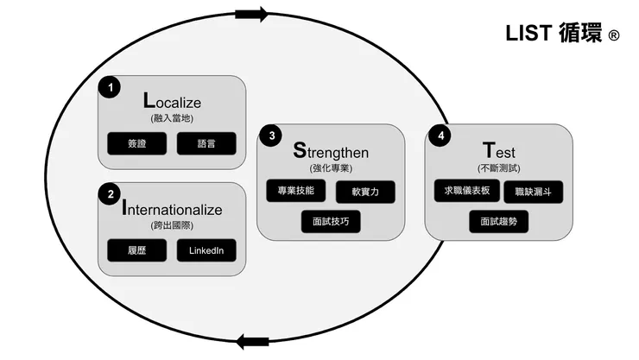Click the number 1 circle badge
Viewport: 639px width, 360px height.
110,87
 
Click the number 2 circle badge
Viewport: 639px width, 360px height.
110,194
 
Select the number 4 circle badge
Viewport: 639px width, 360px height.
441,136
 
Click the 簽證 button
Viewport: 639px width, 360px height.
136,143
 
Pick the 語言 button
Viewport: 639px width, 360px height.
206,143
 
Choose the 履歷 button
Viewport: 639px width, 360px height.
136,250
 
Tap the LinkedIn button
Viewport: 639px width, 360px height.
206,250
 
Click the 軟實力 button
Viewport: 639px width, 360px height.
366,192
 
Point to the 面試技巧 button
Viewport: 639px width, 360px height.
331,221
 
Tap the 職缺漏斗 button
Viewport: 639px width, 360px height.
533,192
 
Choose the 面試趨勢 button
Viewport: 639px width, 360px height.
499,221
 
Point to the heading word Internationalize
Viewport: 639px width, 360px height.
172,210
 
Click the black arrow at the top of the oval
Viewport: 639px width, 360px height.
251,13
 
